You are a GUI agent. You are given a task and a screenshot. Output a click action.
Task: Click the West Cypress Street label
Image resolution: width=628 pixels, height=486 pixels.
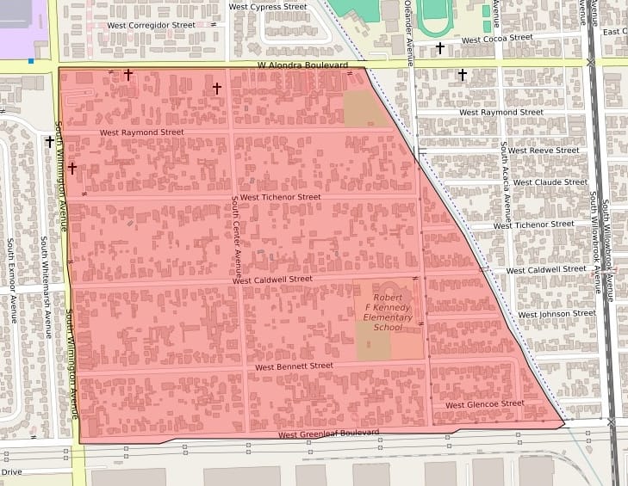click(268, 7)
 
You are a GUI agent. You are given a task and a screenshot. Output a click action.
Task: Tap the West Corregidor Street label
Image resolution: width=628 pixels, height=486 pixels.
click(152, 26)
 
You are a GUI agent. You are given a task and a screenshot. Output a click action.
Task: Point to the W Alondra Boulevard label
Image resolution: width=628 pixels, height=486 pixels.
click(302, 65)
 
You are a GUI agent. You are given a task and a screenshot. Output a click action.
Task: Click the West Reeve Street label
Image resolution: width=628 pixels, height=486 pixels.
click(543, 151)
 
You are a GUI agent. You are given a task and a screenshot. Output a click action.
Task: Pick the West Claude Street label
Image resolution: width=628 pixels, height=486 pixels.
click(550, 182)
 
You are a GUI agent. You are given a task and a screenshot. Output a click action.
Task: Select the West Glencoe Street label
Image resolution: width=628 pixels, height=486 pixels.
click(484, 404)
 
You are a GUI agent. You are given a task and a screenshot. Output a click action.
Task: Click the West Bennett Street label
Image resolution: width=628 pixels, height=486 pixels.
click(294, 366)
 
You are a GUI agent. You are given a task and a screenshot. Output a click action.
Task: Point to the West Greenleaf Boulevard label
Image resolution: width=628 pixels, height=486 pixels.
click(329, 433)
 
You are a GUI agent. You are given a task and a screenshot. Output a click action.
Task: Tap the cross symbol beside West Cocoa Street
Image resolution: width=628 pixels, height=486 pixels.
click(440, 48)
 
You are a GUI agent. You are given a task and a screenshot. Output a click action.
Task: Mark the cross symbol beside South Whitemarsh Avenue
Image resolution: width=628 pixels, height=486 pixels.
click(50, 141)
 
